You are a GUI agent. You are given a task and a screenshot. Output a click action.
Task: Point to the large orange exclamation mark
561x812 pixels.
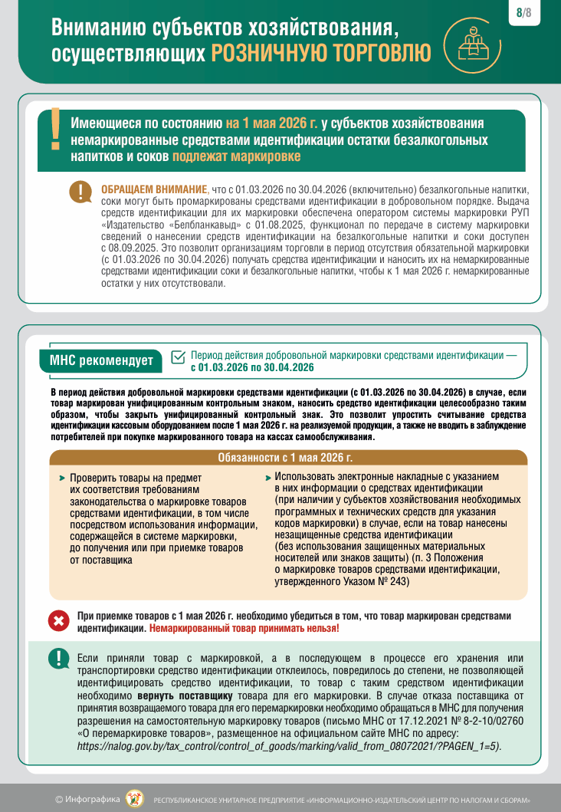[54, 129]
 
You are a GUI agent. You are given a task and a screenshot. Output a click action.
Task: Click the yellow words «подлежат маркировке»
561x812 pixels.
[236, 156]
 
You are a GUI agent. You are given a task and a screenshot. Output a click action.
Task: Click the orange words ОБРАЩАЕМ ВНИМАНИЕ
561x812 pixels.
[153, 189]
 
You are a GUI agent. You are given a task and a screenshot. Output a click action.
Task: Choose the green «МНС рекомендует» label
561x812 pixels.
[100, 361]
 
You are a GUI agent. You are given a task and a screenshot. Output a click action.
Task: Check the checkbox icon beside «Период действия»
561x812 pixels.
[178, 357]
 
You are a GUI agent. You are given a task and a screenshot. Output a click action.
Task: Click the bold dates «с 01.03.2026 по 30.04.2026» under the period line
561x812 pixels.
[252, 367]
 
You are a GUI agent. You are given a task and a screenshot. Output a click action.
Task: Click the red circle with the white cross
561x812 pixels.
[58, 621]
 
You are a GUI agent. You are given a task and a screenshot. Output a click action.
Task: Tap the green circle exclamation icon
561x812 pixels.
[58, 659]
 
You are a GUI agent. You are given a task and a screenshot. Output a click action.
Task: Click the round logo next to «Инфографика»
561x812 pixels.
[134, 798]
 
